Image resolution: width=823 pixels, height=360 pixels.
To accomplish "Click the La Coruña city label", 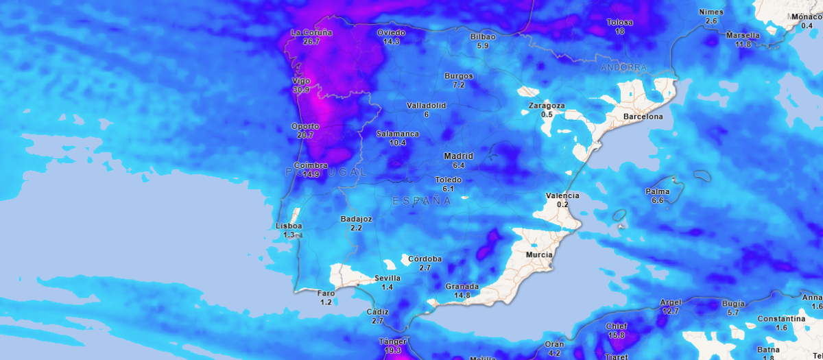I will [311, 32].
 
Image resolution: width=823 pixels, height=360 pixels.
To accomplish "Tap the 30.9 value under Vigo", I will [301, 90].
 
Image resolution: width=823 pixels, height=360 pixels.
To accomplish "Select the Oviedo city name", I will [392, 32].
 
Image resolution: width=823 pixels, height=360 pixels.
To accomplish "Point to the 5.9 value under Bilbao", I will [482, 46].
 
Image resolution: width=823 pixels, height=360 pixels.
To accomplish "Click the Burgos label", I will [459, 75].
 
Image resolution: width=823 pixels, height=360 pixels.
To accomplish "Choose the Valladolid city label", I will [426, 106].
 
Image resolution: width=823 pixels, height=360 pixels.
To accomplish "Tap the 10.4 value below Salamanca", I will [397, 143].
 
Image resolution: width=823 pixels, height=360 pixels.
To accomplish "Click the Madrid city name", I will [458, 156].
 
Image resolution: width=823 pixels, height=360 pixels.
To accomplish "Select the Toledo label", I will [449, 180].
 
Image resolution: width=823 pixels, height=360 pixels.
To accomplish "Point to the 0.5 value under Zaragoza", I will [547, 115].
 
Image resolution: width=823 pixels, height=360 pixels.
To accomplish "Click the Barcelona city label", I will [643, 117].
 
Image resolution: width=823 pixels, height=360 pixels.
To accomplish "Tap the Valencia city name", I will [562, 195].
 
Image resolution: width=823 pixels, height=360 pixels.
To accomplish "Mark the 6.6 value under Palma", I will [657, 200].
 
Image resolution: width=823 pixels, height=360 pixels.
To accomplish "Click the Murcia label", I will [538, 254].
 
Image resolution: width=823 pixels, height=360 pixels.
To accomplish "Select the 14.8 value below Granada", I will [462, 296].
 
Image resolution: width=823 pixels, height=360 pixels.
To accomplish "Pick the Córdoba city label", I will [425, 259].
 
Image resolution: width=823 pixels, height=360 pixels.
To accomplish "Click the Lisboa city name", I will [289, 226].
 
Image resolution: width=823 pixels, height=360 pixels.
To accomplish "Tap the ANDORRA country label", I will [623, 68].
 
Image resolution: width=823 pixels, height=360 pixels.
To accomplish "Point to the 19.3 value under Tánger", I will [393, 350].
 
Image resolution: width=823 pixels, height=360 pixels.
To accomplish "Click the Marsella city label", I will [743, 35].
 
